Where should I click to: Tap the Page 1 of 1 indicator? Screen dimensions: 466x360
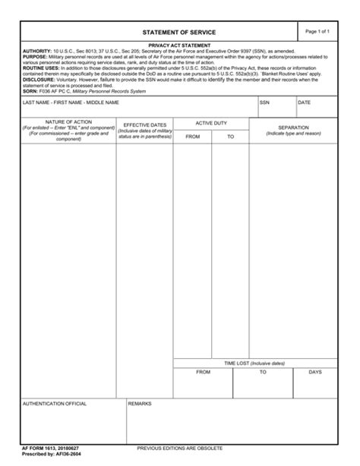click(x=317, y=31)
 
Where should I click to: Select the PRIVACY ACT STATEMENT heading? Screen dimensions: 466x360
click(x=179, y=46)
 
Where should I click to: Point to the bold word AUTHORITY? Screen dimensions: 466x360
click(x=38, y=51)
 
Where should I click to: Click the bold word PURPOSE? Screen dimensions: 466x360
click(x=35, y=56)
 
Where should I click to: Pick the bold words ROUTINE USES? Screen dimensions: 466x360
click(x=42, y=67)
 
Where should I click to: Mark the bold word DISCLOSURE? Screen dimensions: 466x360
click(x=39, y=78)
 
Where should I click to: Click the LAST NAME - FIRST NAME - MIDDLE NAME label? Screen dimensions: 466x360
click(x=71, y=102)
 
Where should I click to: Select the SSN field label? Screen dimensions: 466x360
click(x=264, y=102)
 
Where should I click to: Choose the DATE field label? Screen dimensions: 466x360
click(x=304, y=102)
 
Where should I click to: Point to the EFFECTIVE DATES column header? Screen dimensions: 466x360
click(x=144, y=124)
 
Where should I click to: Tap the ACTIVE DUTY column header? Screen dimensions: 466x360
click(x=211, y=121)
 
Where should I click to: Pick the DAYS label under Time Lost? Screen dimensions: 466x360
click(x=315, y=373)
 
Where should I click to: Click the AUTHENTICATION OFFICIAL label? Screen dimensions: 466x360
click(x=55, y=404)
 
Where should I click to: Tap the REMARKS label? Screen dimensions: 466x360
click(x=141, y=404)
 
